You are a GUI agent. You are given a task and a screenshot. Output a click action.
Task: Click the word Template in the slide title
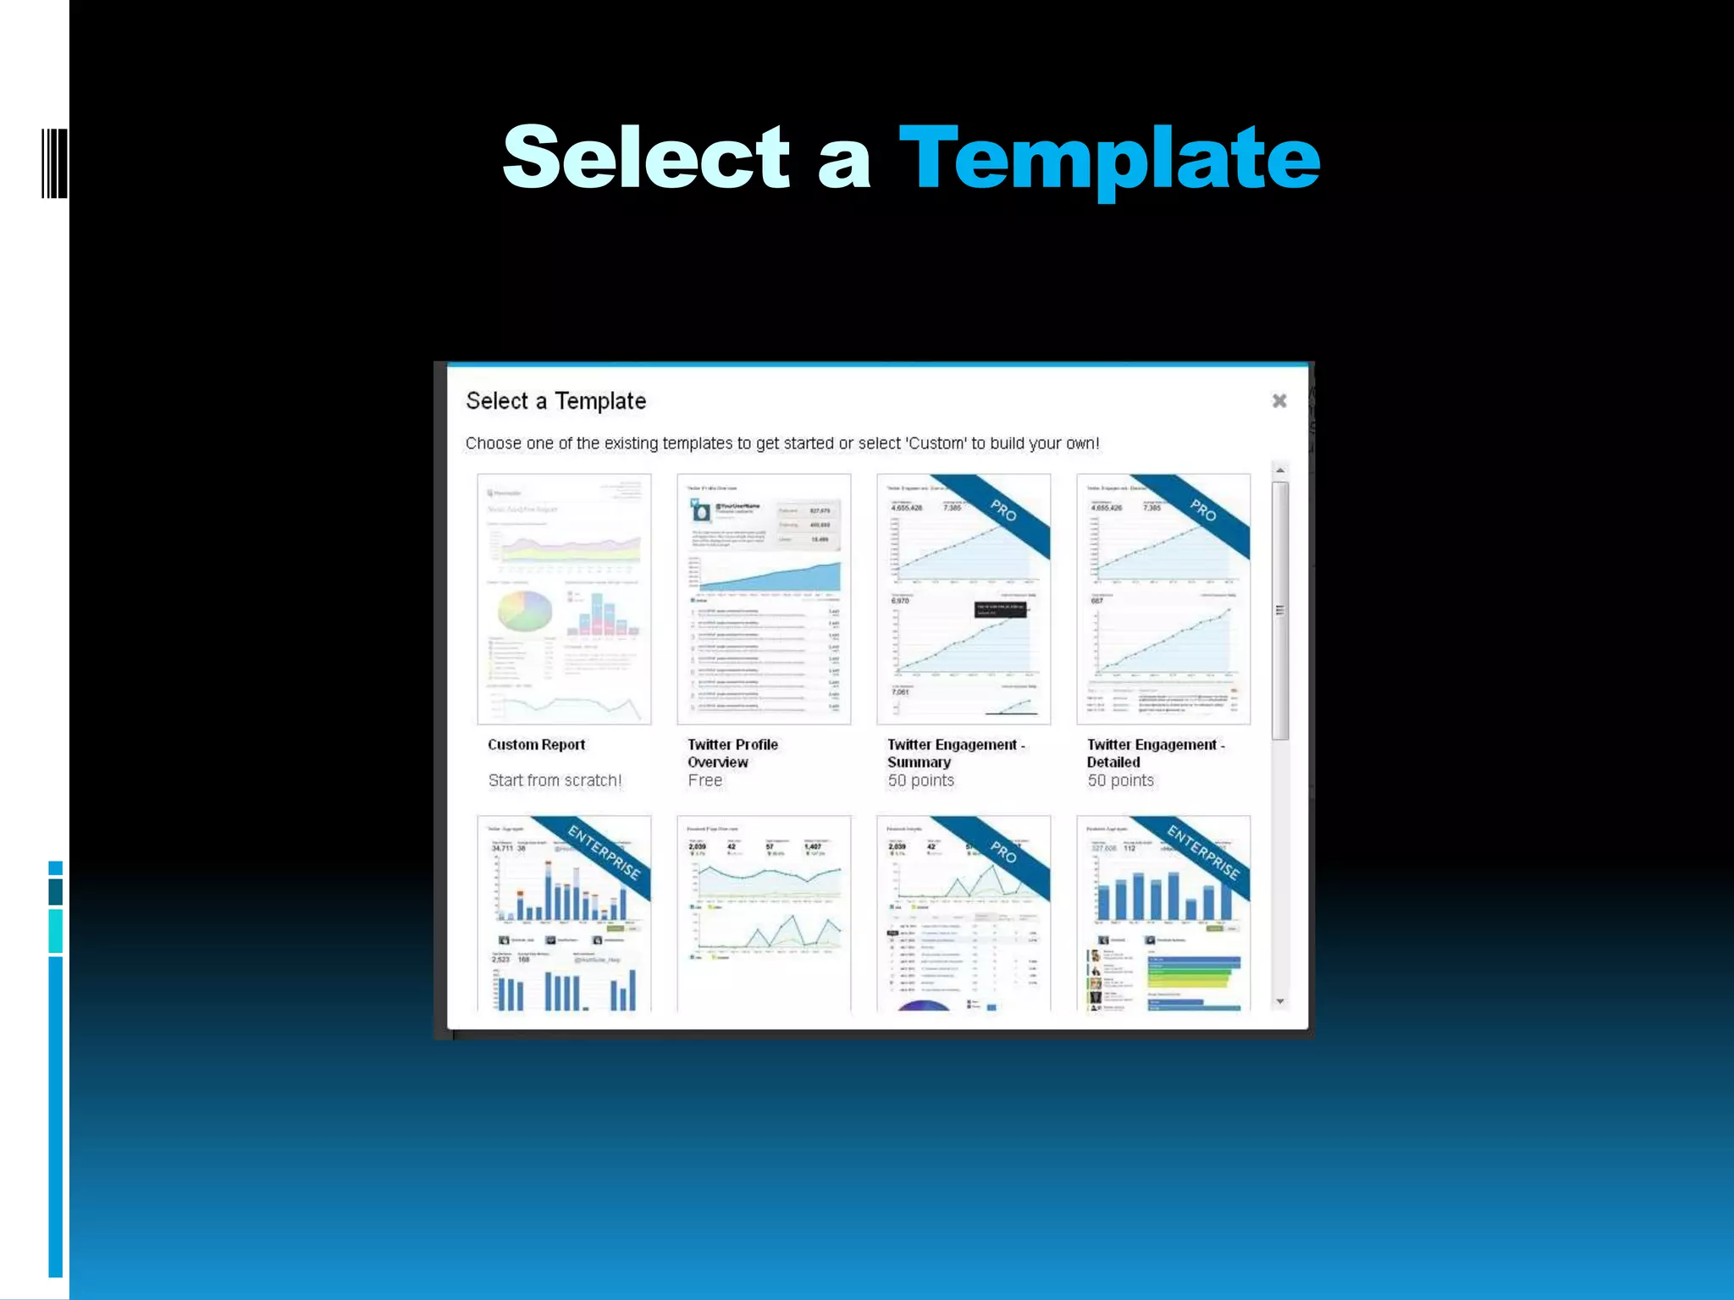tap(1109, 158)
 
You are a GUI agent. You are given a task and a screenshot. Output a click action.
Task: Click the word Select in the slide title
tap(646, 158)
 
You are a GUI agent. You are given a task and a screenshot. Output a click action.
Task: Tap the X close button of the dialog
tap(1279, 400)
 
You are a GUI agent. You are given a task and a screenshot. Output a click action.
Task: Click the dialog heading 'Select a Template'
tap(555, 401)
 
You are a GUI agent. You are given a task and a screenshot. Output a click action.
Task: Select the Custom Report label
tap(536, 745)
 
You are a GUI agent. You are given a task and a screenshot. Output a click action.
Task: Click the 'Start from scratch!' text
tap(555, 780)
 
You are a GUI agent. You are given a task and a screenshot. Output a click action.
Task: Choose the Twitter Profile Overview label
tap(732, 753)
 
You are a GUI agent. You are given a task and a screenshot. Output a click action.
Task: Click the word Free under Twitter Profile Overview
tap(704, 780)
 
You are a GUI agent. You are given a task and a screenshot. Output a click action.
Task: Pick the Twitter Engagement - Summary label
tap(955, 753)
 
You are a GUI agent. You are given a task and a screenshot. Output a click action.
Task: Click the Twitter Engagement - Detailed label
tap(1155, 753)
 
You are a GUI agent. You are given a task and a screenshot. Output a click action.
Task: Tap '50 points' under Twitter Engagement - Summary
tap(920, 780)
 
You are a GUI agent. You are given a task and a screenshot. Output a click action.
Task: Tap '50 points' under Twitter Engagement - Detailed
tap(1120, 780)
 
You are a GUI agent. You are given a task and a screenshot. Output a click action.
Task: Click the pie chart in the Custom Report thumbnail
tap(524, 610)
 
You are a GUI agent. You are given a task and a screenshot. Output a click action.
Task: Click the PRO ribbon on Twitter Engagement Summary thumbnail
tap(1004, 511)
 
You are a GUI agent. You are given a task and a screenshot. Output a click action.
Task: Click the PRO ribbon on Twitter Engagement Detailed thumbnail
tap(1203, 510)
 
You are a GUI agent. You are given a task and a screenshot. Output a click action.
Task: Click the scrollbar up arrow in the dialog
tap(1280, 471)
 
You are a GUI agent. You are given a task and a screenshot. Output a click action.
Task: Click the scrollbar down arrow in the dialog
tap(1280, 1001)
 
